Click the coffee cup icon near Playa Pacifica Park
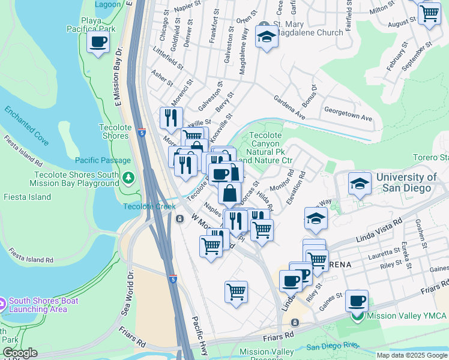98,43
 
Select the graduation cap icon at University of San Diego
359,185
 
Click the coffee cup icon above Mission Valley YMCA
357,300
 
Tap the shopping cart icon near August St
429,13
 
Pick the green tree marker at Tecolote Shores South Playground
128,178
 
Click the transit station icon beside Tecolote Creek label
179,219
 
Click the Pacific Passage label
103,160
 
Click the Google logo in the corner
19,353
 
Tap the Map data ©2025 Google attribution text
412,355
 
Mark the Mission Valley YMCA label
403,316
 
